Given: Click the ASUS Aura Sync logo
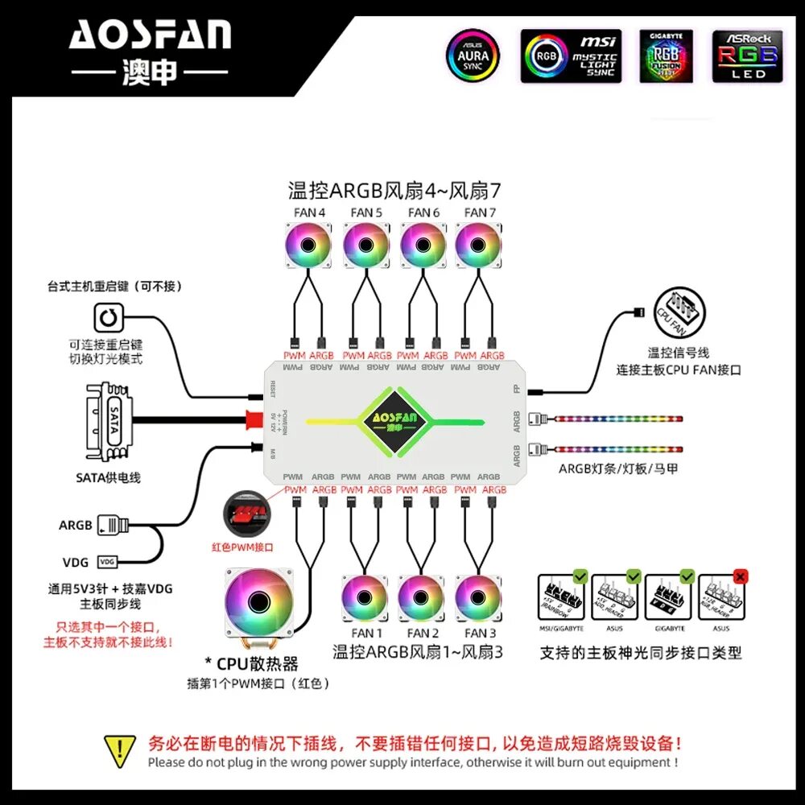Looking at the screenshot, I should coord(473,56).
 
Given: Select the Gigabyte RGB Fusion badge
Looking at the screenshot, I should coord(667,56).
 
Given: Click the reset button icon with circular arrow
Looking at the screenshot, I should coord(108,318).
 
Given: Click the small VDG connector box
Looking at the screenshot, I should coord(107,561).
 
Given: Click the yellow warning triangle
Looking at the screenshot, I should coord(119,749).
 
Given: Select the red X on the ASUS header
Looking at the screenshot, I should coord(741,576).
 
